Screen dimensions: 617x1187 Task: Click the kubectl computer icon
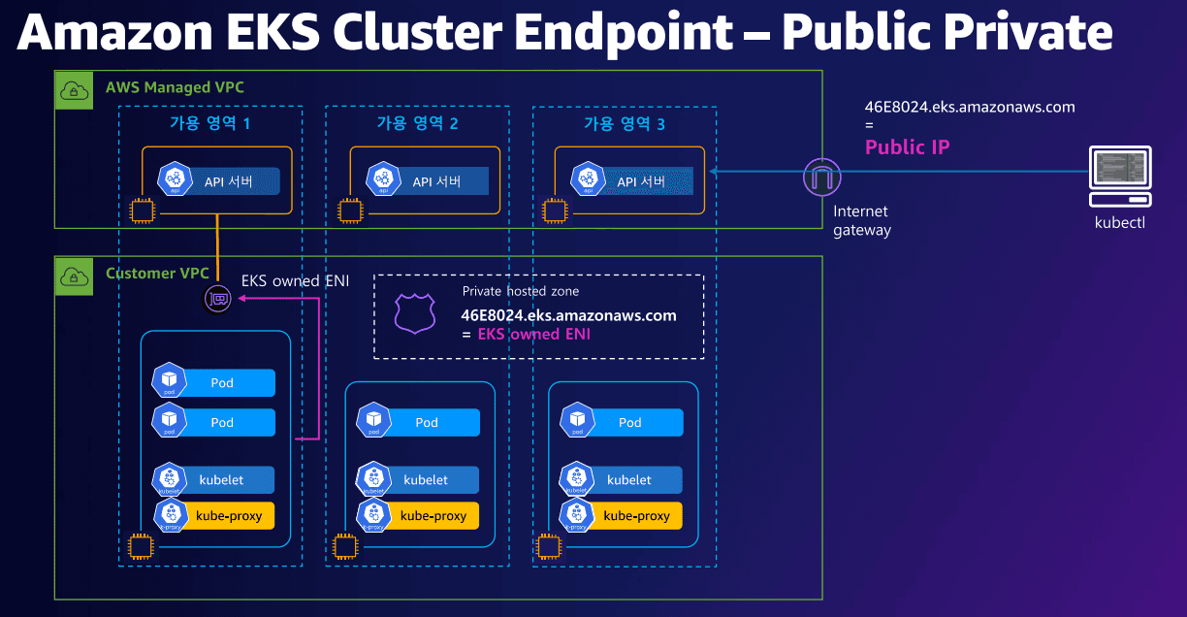pos(1120,177)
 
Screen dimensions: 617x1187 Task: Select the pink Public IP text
pos(907,147)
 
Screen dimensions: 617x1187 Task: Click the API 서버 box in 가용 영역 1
pos(228,181)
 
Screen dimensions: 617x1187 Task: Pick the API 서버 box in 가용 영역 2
pos(435,181)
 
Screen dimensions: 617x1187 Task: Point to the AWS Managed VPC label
pos(175,88)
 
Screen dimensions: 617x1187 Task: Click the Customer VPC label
pos(157,274)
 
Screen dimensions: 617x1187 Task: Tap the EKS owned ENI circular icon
pos(218,300)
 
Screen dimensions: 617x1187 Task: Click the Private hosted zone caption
pos(521,291)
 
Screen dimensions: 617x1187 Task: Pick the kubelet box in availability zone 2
pos(426,480)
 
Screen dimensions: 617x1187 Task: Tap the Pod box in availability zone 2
pos(427,422)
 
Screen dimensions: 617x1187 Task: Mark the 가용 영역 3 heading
pos(624,123)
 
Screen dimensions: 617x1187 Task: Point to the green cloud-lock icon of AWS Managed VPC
pos(74,90)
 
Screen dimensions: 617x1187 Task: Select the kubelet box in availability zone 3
pos(629,480)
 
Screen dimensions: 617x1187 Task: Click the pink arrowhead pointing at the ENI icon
pos(242,300)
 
